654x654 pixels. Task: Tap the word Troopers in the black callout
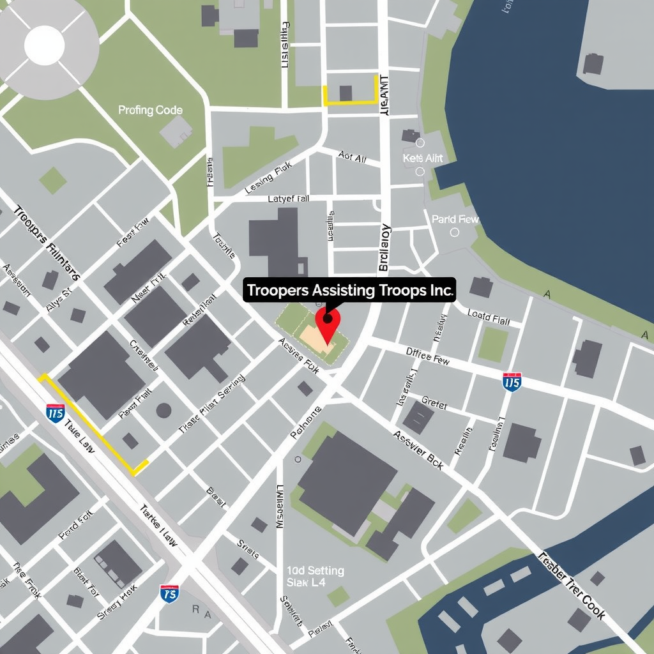[x=277, y=290]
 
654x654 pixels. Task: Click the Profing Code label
[x=150, y=110]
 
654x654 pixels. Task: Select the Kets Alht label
[x=423, y=158]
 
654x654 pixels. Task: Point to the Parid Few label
[x=455, y=219]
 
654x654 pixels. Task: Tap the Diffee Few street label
[x=428, y=355]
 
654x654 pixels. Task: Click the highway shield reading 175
[x=169, y=593]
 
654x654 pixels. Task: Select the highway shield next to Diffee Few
[x=512, y=382]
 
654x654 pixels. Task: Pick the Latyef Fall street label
[x=288, y=199]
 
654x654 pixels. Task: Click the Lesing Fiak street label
[x=268, y=178]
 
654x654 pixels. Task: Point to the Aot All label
[x=352, y=157]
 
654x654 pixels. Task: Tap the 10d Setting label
[x=316, y=570]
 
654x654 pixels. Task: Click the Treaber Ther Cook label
[x=572, y=583]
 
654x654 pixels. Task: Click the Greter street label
[x=434, y=404]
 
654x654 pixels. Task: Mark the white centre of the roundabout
[x=44, y=45]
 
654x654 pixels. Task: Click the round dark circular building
[x=163, y=410]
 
